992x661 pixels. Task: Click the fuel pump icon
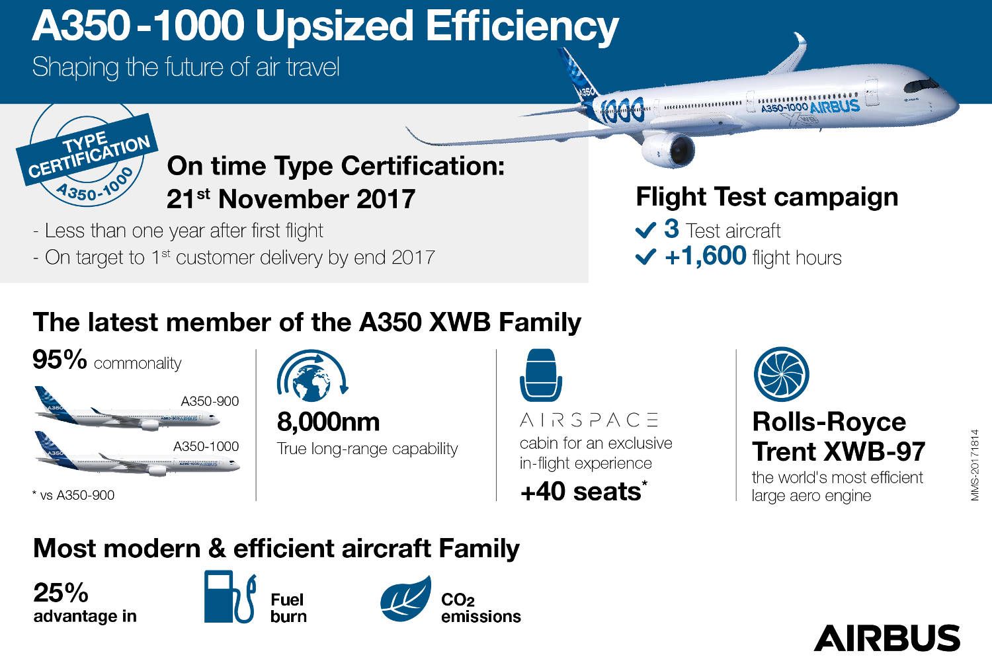230,596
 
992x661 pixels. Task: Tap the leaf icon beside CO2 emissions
405,598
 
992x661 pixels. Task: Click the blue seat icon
541,375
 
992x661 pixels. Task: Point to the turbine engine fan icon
781,374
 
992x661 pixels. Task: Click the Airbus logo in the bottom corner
887,638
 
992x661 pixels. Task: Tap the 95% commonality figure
60,359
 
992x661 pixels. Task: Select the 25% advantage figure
61,592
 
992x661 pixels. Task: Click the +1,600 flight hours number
706,256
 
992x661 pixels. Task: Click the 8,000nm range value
328,422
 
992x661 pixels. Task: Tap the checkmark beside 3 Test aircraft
645,230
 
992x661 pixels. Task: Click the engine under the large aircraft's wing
668,150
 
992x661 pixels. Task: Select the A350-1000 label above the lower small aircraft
206,446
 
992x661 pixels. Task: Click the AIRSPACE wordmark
589,420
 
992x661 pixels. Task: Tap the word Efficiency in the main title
522,26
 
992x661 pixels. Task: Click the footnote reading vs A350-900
73,495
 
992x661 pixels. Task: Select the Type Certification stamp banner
87,149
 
